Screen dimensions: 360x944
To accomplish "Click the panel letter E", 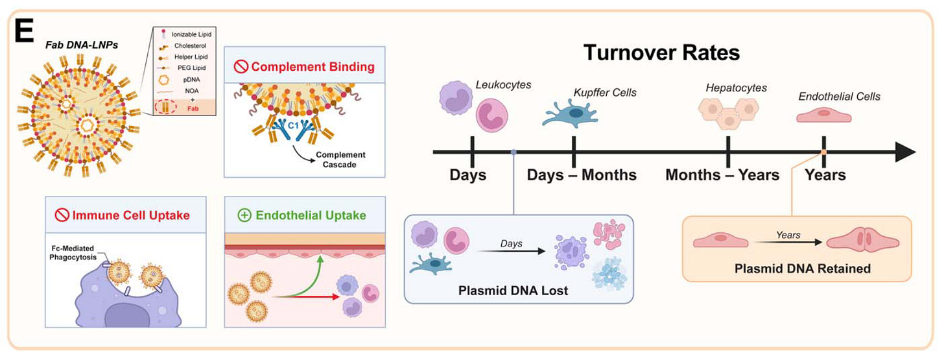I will pyautogui.click(x=24, y=30).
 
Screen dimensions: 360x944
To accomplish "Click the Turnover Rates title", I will pyautogui.click(x=662, y=53).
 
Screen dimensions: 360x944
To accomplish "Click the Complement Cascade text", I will pyautogui.click(x=340, y=160).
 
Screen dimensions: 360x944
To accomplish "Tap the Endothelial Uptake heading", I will pyautogui.click(x=303, y=215).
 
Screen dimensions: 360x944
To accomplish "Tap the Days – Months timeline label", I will pyautogui.click(x=581, y=174).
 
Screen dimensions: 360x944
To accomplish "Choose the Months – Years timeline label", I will pyautogui.click(x=722, y=174).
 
